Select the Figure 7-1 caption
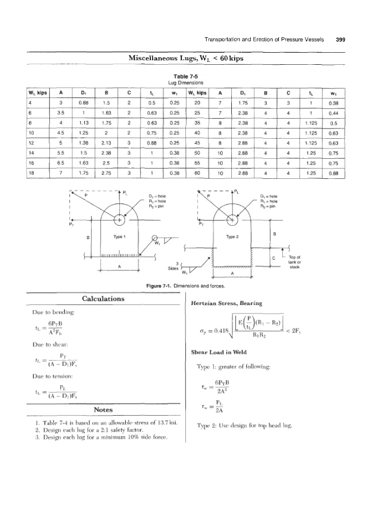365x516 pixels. (182, 284)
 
